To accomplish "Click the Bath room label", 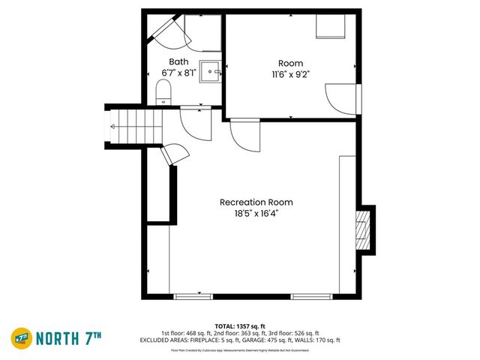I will (178, 61).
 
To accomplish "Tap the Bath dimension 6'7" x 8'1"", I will (178, 73).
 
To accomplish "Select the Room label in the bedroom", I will (290, 64).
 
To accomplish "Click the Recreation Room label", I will (256, 202).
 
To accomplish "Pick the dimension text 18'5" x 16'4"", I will (256, 213).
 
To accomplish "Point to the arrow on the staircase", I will (112, 127).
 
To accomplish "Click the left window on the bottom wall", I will (193, 296).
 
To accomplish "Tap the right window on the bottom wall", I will (311, 296).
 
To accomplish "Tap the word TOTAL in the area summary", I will (224, 325).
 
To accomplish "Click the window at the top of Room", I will (329, 26).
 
